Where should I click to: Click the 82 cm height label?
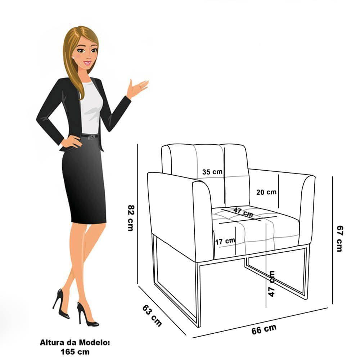[131, 218]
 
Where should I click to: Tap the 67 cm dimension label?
[339, 239]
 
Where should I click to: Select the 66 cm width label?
[264, 330]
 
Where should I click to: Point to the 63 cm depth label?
[152, 315]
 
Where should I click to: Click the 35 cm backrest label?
[212, 172]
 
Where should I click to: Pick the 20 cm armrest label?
[266, 192]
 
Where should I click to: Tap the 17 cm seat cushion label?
[225, 241]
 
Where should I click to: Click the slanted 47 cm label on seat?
[243, 212]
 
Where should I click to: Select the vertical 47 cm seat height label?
[271, 284]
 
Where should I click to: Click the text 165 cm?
[75, 352]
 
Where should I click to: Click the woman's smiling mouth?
[87, 63]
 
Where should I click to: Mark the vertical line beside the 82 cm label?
[137, 214]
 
